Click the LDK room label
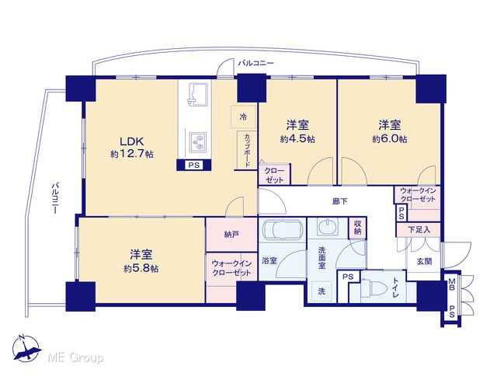coord(132,141)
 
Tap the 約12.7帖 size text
coord(132,155)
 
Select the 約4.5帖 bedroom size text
coord(297,139)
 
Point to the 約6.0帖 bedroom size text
coord(390,139)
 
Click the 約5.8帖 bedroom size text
coord(141,269)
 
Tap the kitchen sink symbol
coord(198,94)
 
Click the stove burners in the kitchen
coord(198,141)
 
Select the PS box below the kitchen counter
coord(193,165)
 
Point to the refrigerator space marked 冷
coord(243,117)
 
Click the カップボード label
coord(247,150)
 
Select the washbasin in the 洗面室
coord(328,227)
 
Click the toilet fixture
coord(374,288)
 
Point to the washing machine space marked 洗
coord(321,291)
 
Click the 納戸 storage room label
coord(231,235)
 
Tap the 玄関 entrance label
coord(424,262)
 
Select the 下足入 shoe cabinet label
coord(419,230)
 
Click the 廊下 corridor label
coord(340,201)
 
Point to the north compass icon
coord(26,348)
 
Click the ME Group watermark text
coord(75,357)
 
